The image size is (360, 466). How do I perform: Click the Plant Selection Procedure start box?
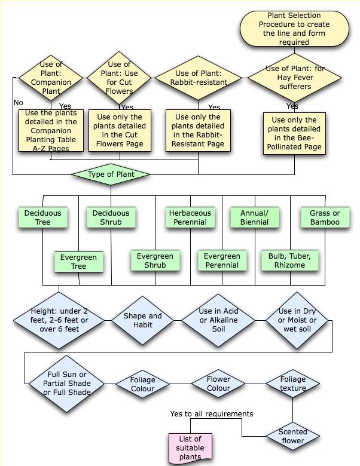tap(294, 29)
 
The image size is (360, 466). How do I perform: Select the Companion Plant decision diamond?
tap(51, 78)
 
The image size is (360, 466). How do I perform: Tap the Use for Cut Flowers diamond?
tap(119, 78)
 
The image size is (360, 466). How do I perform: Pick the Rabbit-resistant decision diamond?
tap(199, 78)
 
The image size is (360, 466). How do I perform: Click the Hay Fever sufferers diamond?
tap(295, 78)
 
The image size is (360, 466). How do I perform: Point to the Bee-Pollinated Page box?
tap(294, 133)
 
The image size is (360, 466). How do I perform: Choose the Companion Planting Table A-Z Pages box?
tap(51, 130)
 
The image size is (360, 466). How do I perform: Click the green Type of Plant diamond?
tap(111, 174)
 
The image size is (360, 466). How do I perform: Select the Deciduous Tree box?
tap(43, 217)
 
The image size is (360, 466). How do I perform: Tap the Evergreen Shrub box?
tap(155, 260)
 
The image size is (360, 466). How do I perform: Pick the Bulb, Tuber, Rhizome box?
tap(290, 260)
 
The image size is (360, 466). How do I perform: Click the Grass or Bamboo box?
tap(325, 217)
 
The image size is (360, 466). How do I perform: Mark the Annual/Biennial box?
tap(255, 217)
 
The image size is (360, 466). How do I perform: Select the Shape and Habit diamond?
tap(143, 320)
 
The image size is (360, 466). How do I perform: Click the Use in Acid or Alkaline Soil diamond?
tap(218, 320)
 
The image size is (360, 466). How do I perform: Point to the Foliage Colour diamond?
tap(142, 384)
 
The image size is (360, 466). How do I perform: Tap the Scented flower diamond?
tap(293, 436)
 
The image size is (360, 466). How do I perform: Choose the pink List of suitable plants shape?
tap(190, 447)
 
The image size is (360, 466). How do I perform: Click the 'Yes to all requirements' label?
tap(212, 413)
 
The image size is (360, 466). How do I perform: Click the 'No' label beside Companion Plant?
tap(19, 103)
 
